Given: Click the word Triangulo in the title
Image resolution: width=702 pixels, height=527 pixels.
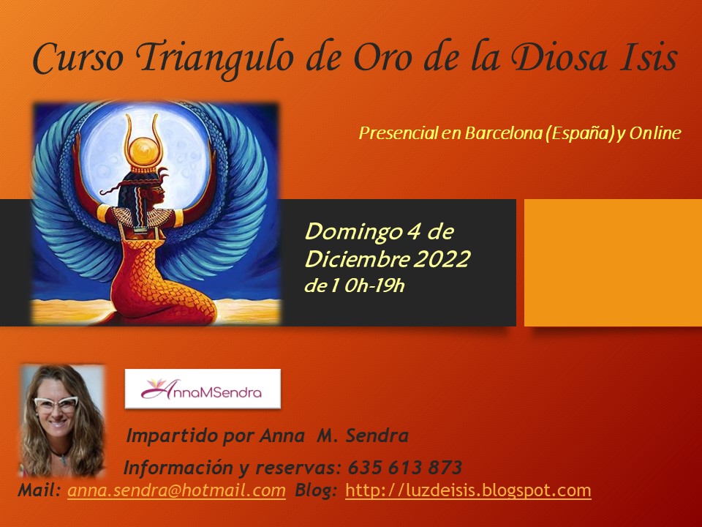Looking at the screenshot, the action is tap(215, 59).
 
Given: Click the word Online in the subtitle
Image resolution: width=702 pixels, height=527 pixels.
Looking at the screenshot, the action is tap(655, 133).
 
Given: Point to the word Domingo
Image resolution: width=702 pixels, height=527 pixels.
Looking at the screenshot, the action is tap(352, 232).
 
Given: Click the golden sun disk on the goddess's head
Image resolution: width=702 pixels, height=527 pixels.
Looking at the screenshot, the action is tap(143, 150).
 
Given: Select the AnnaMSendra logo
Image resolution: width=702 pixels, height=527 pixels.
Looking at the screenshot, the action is tap(203, 389).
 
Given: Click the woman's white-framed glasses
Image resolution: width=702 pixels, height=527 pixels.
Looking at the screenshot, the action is tap(56, 404).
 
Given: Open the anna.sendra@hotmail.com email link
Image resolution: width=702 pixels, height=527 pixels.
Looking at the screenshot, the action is tap(176, 490).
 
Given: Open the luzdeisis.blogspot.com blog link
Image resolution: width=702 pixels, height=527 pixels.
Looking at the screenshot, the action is tap(468, 490).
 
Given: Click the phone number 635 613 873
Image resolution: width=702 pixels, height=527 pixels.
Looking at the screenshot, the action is tap(404, 468).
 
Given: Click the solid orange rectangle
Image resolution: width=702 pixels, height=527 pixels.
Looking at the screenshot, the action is tap(613, 263).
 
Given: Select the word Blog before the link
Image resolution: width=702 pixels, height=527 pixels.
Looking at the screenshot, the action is tap(315, 490).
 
